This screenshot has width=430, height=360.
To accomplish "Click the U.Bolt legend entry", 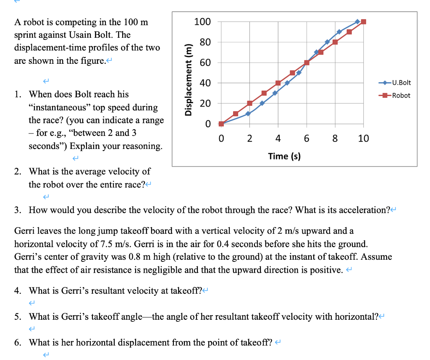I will tap(401, 83).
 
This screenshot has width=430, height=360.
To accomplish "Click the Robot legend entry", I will tap(401, 95).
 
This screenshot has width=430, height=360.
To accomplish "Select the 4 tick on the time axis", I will tap(278, 138).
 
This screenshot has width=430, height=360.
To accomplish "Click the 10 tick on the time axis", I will tap(364, 138).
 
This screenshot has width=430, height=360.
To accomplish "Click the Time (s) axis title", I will tap(284, 156).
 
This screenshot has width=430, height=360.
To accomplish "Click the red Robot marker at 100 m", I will tap(364, 22).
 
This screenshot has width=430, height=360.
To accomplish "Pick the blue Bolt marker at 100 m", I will tap(357, 21).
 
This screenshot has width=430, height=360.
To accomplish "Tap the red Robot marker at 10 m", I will tap(236, 114).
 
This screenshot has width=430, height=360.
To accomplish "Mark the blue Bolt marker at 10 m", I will tap(248, 113).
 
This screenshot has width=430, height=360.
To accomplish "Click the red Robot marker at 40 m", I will tap(278, 83).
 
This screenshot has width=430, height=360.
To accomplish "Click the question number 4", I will tap(17, 290).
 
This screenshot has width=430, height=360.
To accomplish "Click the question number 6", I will tap(17, 342).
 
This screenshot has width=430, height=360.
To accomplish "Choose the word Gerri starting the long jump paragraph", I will tap(24, 231).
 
